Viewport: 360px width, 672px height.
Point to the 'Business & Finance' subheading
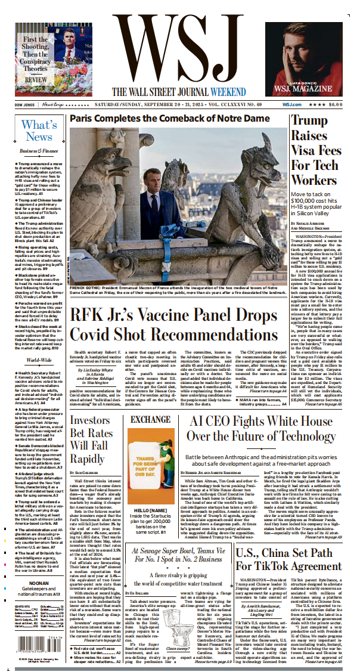tap(38, 151)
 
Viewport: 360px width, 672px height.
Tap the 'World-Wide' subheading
tap(38, 360)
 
